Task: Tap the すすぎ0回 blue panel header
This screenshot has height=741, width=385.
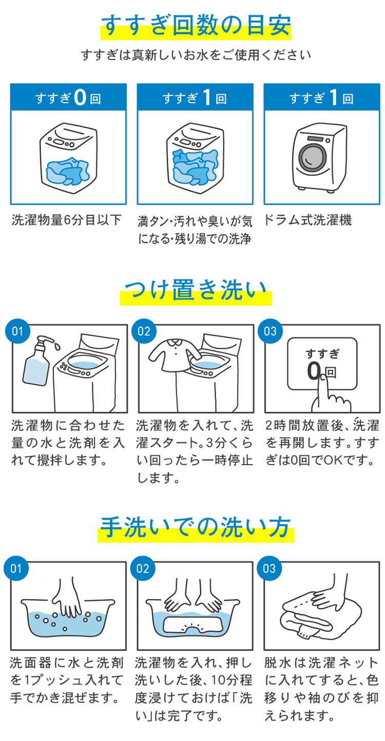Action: click(x=68, y=98)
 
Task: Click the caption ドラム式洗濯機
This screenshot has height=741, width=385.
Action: click(x=308, y=221)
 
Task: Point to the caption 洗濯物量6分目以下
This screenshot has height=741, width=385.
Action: click(x=67, y=221)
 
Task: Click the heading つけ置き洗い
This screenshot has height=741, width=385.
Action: click(x=196, y=293)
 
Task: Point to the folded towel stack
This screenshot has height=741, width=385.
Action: click(x=313, y=615)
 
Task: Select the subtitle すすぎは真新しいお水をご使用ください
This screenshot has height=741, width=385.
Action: click(x=196, y=54)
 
